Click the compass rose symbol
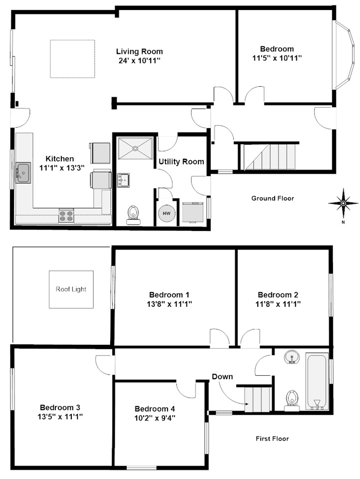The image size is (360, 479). pyautogui.click(x=343, y=203)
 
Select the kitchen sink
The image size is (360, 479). pyautogui.click(x=23, y=173)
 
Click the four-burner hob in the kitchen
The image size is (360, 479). pyautogui.click(x=66, y=216)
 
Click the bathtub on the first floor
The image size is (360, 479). pyautogui.click(x=317, y=382)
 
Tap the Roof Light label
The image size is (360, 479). pyautogui.click(x=71, y=289)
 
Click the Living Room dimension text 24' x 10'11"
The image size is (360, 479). pyautogui.click(x=139, y=60)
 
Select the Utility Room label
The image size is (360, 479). pyautogui.click(x=181, y=162)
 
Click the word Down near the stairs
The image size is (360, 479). pyautogui.click(x=222, y=376)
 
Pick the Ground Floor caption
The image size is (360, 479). pyautogui.click(x=272, y=198)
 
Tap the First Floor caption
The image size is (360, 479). pyautogui.click(x=272, y=439)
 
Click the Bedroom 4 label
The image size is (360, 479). pyautogui.click(x=155, y=407)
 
